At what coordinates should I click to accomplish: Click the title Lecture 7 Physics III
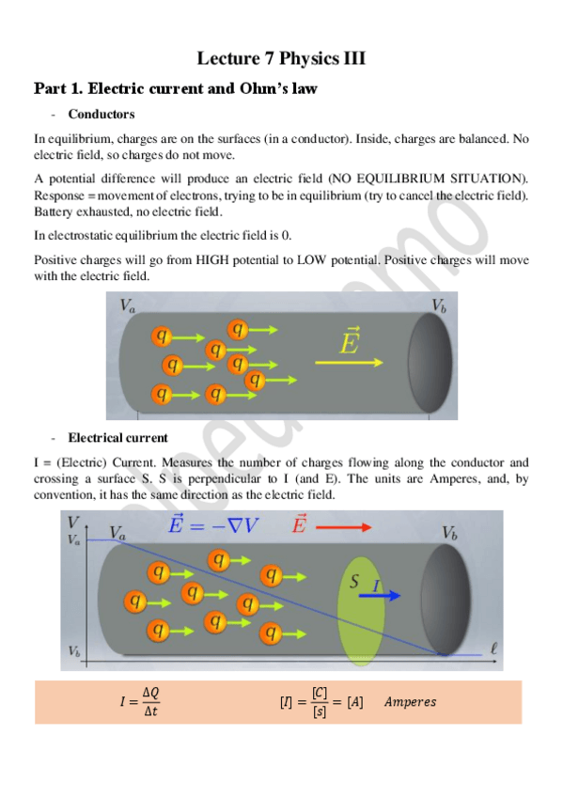tap(281, 58)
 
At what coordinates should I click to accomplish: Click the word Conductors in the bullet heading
tap(102, 114)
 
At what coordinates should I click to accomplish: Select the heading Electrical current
tap(117, 438)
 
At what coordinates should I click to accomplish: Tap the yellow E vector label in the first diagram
tap(350, 340)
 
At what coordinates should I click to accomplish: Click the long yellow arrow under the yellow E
tap(349, 363)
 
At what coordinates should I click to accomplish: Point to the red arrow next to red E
tap(343, 527)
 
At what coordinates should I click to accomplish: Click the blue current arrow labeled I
tap(380, 595)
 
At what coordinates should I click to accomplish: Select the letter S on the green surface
tap(354, 581)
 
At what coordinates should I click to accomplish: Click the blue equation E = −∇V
tap(213, 524)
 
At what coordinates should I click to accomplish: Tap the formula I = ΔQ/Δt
tap(140, 701)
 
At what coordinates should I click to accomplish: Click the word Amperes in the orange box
tap(410, 702)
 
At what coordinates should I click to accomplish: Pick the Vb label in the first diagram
tap(439, 305)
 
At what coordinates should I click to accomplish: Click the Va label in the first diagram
tap(127, 305)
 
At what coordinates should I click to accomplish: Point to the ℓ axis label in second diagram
tap(493, 649)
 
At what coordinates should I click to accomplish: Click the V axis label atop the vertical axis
tap(73, 522)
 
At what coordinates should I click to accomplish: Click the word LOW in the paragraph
tap(311, 260)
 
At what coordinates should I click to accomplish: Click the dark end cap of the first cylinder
tap(430, 362)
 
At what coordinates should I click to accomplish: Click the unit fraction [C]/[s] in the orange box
tap(320, 702)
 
